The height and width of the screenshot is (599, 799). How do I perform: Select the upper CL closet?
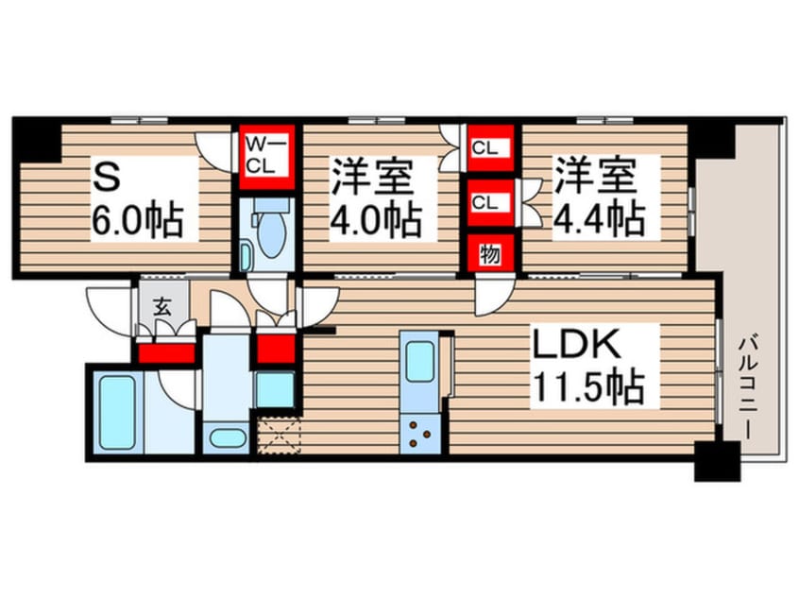click(x=488, y=147)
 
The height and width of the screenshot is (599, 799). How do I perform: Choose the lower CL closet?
click(x=488, y=201)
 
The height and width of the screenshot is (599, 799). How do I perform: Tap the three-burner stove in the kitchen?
click(x=417, y=436)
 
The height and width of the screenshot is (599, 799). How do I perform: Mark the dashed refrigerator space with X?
click(x=278, y=438)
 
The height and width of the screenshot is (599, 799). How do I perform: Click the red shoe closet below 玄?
click(x=166, y=352)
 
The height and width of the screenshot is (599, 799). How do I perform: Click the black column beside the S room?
click(x=36, y=141)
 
